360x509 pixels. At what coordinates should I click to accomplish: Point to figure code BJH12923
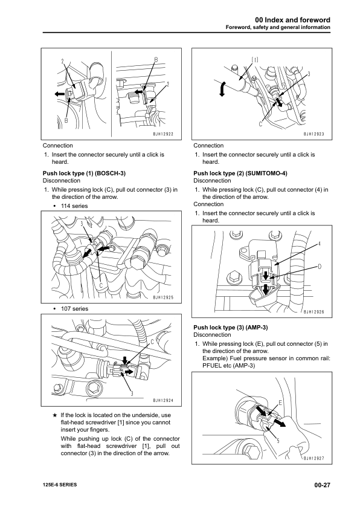(313, 134)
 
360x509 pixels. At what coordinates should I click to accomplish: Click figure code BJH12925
(163, 297)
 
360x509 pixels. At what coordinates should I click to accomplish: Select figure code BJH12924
(163, 400)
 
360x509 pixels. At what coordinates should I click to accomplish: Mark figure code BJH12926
(313, 312)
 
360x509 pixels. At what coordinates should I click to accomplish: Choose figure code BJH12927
(313, 458)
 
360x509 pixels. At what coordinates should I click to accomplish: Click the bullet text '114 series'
(74, 206)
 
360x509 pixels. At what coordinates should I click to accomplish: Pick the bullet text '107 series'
(74, 309)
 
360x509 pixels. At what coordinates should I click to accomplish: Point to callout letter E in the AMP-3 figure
(280, 402)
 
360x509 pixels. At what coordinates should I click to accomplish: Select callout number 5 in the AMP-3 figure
(277, 440)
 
